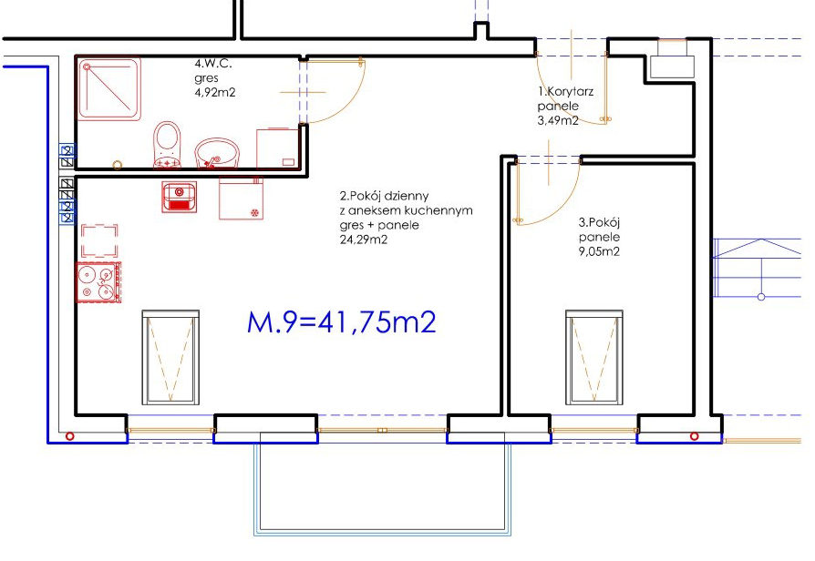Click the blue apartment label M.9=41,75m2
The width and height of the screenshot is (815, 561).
coord(342,322)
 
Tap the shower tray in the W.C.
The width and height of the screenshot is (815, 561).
coord(109,89)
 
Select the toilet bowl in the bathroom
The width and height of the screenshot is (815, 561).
coord(168,145)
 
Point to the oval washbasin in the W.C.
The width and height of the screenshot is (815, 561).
coord(217,154)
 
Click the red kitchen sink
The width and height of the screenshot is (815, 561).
coord(180,197)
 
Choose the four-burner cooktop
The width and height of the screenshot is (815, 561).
coord(98,282)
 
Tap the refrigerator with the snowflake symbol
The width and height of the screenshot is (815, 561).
coord(242,199)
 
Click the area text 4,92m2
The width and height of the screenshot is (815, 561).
coord(214,93)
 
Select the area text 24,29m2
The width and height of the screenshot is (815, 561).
coord(364,240)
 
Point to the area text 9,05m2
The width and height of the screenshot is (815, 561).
coord(599,252)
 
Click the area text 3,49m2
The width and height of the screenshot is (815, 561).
coord(558,120)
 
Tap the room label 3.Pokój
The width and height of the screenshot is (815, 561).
coord(599,223)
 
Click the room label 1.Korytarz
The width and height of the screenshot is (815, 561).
coord(565,92)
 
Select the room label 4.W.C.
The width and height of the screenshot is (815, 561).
coord(213,64)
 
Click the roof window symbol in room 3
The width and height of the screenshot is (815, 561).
coord(594,357)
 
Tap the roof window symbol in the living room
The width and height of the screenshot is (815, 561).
coord(170,357)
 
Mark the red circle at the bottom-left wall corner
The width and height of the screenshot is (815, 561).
coord(69,436)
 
